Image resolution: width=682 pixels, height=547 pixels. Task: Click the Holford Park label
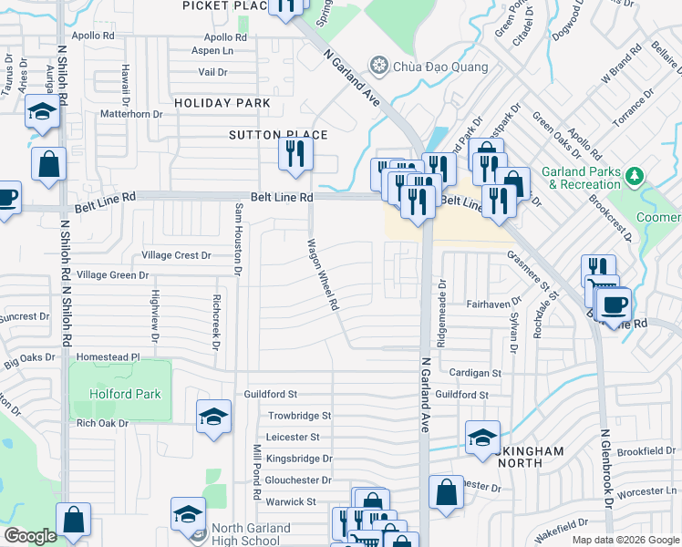[x=125, y=394]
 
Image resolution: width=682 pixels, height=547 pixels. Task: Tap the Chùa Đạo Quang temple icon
[x=378, y=66]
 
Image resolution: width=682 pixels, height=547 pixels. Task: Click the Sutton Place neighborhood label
[x=277, y=135]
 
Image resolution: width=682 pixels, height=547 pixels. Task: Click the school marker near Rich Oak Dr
[x=212, y=418]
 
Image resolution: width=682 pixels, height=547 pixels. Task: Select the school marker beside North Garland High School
[x=188, y=513]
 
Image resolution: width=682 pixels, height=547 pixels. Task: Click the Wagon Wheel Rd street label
[x=324, y=275]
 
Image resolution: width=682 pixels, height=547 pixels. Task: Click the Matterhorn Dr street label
[x=130, y=114]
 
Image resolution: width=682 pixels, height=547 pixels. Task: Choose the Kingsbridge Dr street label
[x=300, y=459]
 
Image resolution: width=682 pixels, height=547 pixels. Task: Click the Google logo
[x=30, y=536]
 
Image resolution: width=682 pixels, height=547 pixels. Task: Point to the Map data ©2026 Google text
[x=625, y=540]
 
